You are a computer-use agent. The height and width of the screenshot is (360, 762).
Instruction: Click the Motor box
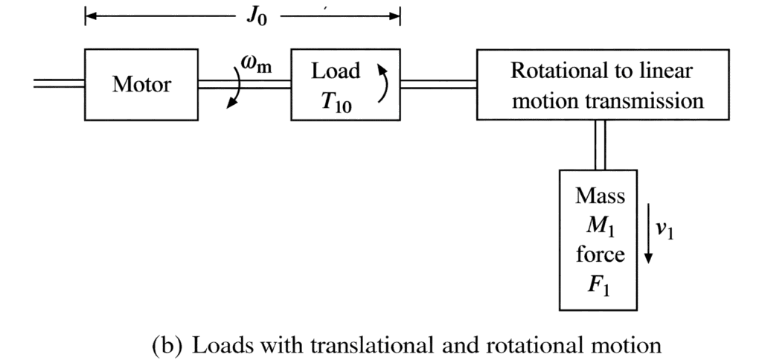pyautogui.click(x=141, y=84)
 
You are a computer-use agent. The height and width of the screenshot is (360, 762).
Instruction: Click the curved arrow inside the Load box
pyautogui.click(x=382, y=83)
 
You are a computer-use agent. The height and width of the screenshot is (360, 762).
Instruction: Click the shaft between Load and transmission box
pyautogui.click(x=439, y=84)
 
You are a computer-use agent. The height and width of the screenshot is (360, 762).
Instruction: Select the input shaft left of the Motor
pyautogui.click(x=60, y=84)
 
